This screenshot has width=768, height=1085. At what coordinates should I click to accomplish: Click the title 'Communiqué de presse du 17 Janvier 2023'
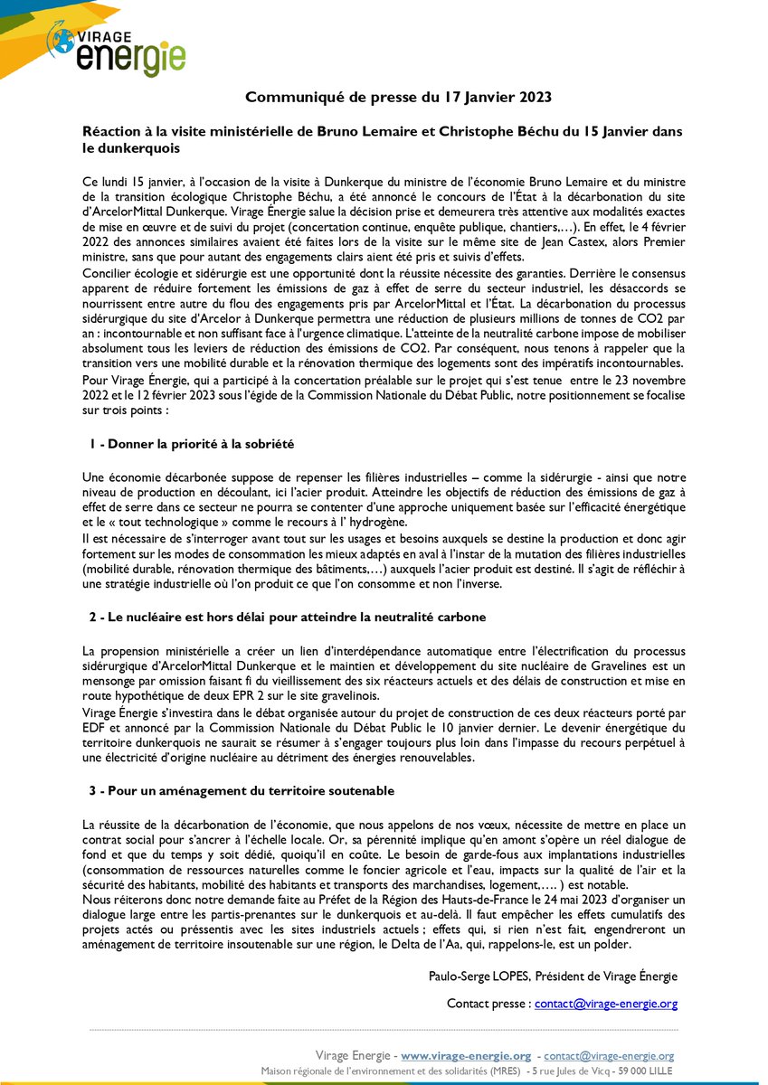point(399,96)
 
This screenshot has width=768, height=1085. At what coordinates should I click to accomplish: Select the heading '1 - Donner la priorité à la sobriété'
point(192,445)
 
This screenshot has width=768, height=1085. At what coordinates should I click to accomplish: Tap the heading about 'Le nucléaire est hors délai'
point(288,617)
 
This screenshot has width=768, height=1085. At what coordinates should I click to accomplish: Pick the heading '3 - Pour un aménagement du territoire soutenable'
point(242,790)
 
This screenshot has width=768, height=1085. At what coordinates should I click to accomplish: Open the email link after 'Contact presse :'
point(605,1004)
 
